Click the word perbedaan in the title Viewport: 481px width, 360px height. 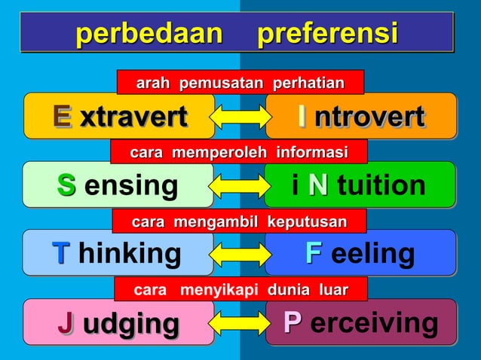tap(149, 33)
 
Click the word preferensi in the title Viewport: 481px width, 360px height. tap(327, 33)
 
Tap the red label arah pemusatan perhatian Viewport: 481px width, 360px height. tap(240, 82)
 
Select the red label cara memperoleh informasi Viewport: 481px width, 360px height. tap(239, 153)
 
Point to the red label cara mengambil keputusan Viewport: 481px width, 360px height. tap(239, 221)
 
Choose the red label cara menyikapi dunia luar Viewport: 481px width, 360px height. tap(240, 289)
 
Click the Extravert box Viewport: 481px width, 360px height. tap(119, 116)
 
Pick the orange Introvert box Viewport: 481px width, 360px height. tap(360, 116)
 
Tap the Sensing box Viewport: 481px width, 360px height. tap(118, 185)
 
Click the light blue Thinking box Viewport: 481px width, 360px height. tap(118, 253)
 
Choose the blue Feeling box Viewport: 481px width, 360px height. tap(360, 253)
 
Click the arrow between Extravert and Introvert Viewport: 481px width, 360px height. tap(239, 117)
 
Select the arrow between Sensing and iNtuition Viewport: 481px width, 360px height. tap(239, 185)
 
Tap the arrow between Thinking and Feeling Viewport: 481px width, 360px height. tap(239, 255)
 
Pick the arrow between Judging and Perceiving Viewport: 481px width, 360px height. tap(239, 323)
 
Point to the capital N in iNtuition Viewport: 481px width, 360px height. tap(318, 185)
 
